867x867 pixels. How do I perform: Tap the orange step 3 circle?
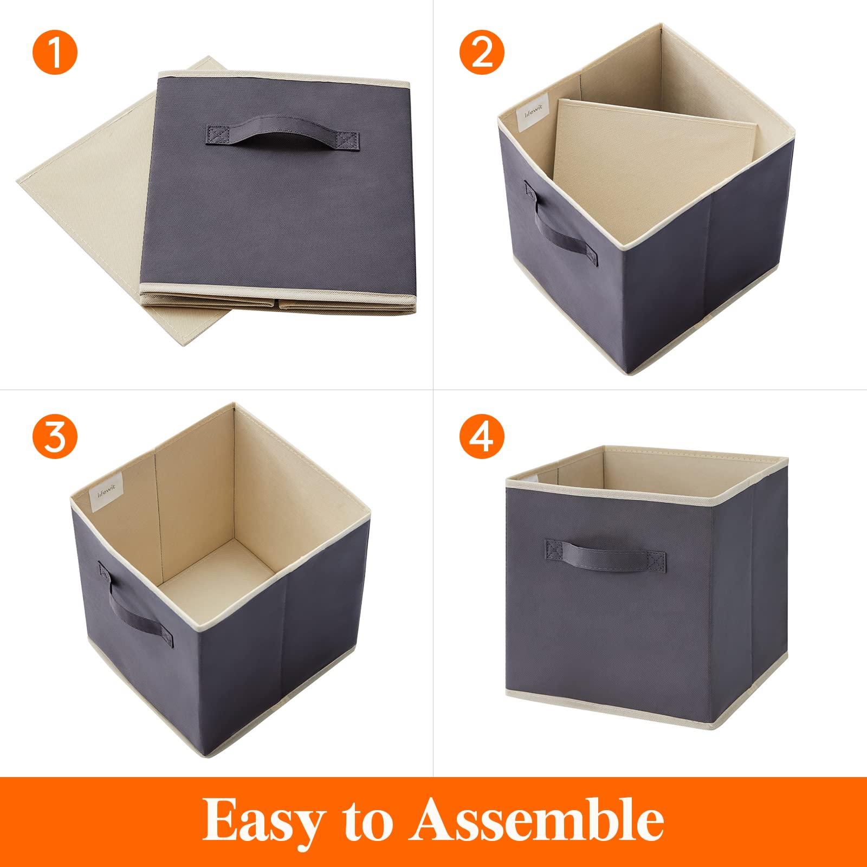tap(55, 436)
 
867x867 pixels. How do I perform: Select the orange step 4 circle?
tap(482, 436)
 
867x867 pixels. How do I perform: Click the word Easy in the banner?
tap(264, 821)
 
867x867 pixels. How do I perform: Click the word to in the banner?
tap(367, 823)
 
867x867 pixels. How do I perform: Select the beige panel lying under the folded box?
tap(81, 217)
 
